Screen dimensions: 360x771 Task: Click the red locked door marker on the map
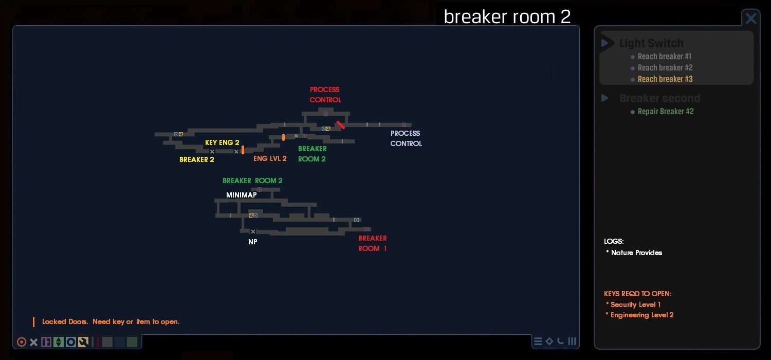click(x=340, y=125)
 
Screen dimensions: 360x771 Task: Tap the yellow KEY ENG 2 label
click(x=222, y=142)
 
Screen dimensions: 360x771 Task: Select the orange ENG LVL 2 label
click(x=270, y=158)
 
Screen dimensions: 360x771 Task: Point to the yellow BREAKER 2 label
click(x=197, y=159)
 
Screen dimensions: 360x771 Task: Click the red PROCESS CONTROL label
click(x=325, y=95)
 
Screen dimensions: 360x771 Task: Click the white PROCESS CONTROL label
click(x=406, y=138)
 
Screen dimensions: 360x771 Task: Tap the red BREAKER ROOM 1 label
click(x=373, y=243)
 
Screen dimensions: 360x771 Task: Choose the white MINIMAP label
click(x=241, y=195)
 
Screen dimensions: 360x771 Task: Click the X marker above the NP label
click(x=253, y=232)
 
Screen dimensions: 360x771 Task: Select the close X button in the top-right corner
click(x=751, y=19)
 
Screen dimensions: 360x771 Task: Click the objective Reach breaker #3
click(x=665, y=79)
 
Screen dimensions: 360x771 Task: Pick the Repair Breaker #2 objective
click(x=666, y=112)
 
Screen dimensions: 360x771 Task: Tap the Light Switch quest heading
click(x=651, y=43)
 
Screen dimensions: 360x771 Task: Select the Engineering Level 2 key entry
click(x=642, y=315)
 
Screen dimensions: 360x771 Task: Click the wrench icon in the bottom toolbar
click(x=83, y=342)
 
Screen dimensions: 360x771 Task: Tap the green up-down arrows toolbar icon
click(x=59, y=342)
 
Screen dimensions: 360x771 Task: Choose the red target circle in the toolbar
click(x=22, y=342)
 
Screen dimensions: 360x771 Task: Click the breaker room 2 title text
click(x=507, y=16)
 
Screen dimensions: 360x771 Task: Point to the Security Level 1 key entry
click(x=635, y=304)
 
